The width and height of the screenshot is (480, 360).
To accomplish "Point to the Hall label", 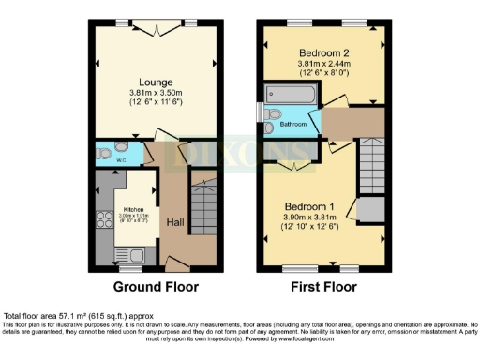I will coord(174,223).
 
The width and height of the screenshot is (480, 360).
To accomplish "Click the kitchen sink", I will coord(126,254).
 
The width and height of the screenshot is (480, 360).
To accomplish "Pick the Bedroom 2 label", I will coord(323,52).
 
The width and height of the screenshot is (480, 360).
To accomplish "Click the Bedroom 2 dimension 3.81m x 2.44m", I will coord(323,64).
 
